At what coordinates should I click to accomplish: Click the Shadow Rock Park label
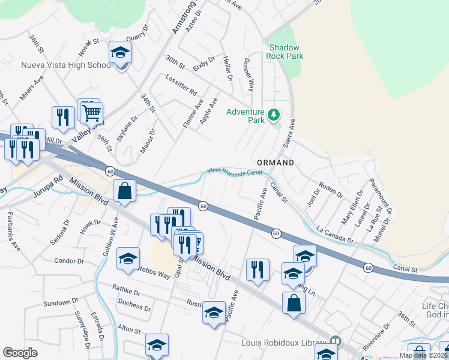point(286,52)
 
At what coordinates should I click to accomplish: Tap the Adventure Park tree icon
point(274,113)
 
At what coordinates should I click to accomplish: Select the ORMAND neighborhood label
point(276,163)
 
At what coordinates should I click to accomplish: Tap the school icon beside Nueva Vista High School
point(120,53)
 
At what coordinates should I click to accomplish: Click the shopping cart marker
point(92,112)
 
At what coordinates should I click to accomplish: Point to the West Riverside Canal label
point(235,172)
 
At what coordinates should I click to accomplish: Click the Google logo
point(20,353)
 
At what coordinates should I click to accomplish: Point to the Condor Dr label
point(68,261)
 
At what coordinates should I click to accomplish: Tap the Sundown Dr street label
point(57,303)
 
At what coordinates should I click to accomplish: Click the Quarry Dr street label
point(137,37)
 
